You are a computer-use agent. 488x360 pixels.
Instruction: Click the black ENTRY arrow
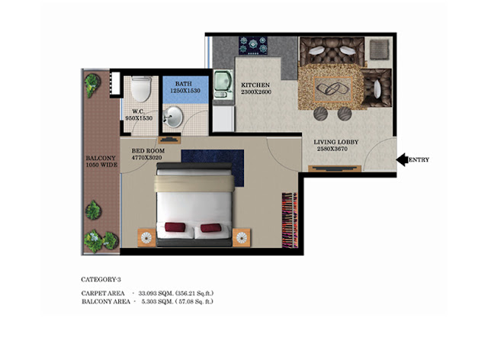[402, 159]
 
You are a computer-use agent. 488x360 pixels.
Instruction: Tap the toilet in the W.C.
[141, 89]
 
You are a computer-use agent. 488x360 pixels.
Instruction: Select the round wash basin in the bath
[173, 117]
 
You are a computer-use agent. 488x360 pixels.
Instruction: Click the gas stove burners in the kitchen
[253, 46]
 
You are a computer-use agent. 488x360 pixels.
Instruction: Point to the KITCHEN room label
[255, 85]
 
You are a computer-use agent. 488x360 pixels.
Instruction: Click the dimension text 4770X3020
[146, 158]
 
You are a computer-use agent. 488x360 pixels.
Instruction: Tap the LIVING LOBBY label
[335, 142]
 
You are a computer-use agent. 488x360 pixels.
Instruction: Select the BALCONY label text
[101, 158]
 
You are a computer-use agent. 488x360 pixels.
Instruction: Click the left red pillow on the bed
[175, 227]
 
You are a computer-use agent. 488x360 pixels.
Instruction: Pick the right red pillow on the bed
[210, 227]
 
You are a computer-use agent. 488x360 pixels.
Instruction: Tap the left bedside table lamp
[146, 238]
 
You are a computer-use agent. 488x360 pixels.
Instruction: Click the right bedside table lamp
[242, 238]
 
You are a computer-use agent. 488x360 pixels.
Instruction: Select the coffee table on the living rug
[332, 89]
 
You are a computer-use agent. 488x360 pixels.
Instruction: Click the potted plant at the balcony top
[92, 85]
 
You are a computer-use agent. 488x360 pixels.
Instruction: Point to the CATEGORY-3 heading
[101, 279]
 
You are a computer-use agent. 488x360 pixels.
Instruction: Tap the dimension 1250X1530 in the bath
[185, 91]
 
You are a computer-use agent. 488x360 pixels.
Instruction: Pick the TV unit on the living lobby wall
[335, 169]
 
